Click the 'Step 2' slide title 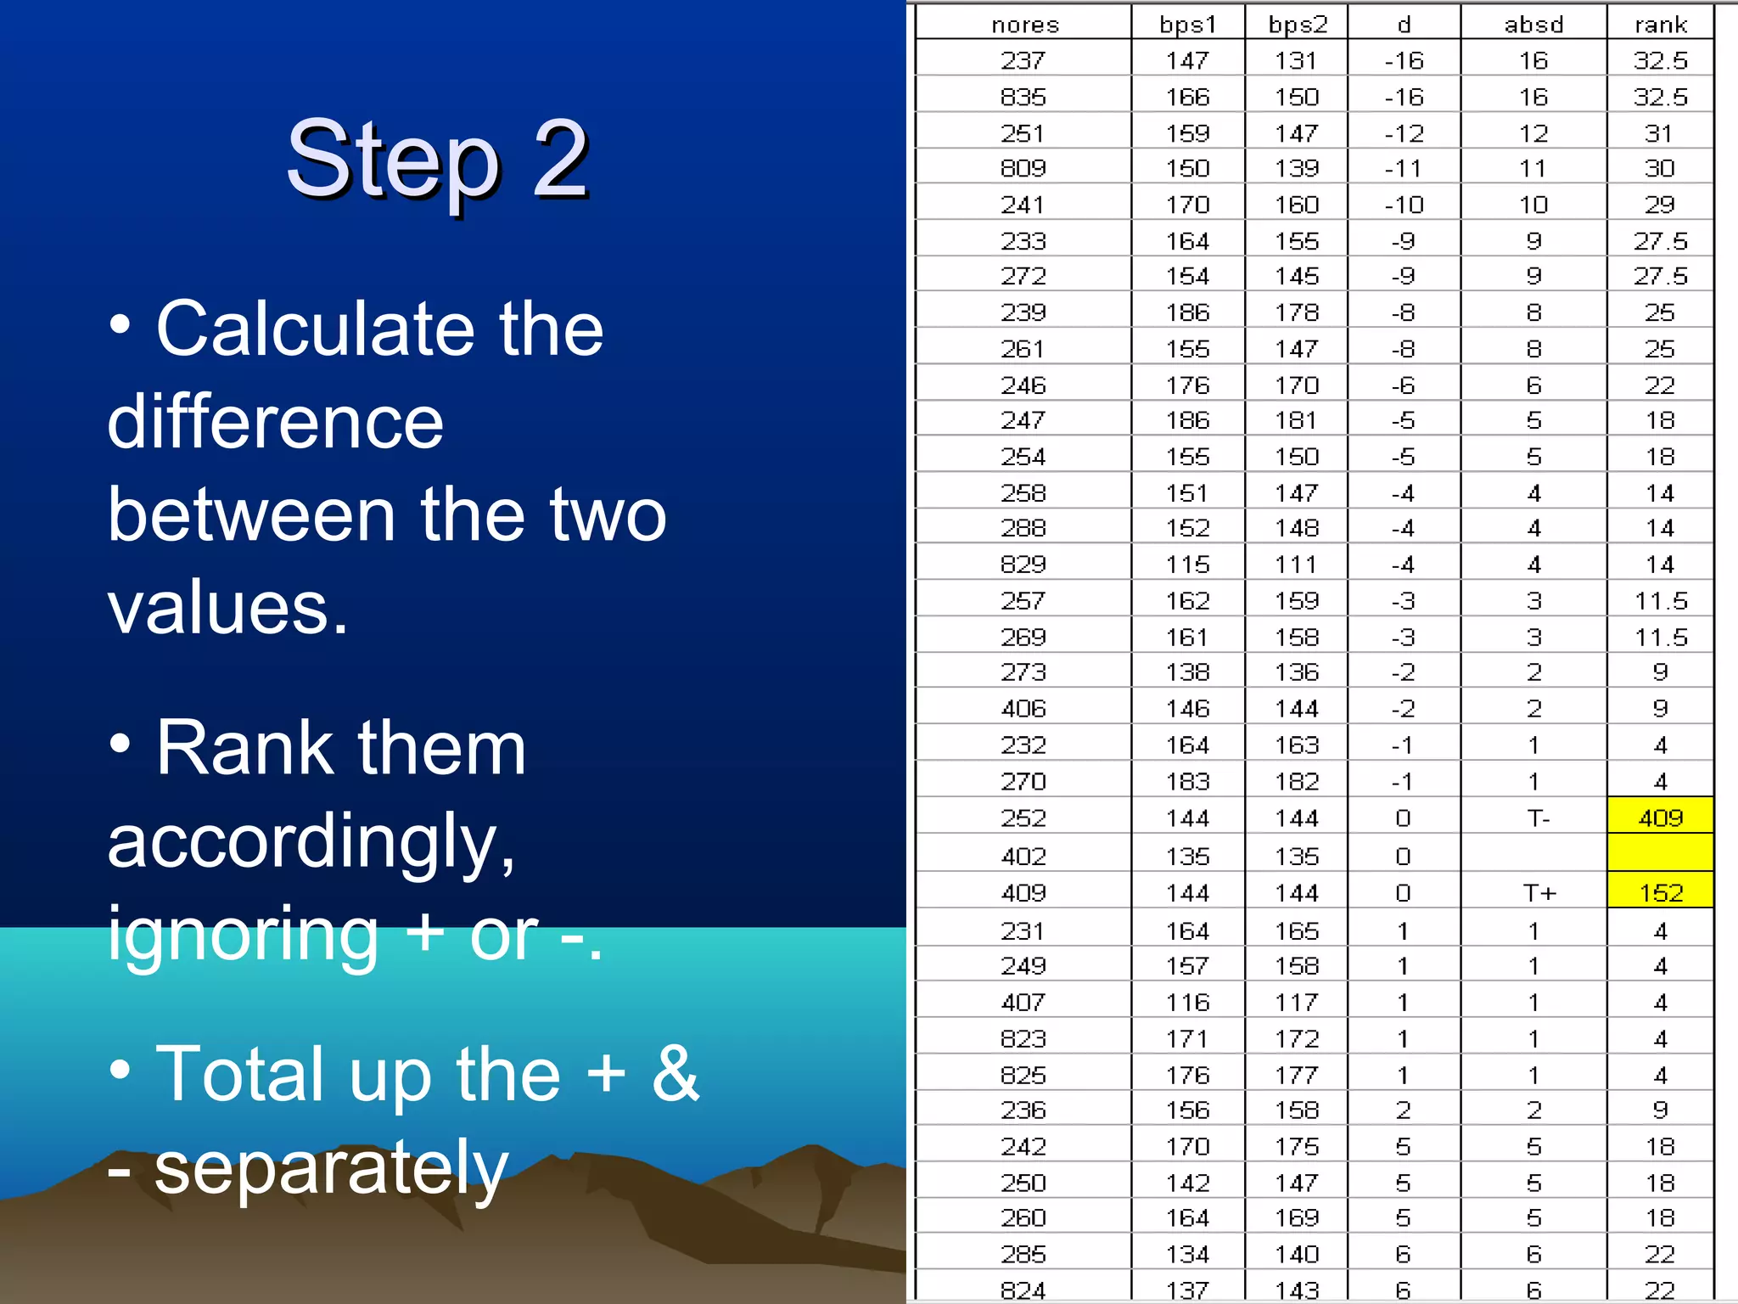437,159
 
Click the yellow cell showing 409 1660,818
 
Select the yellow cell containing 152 1660,892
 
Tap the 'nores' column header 1024,25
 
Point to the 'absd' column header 1533,25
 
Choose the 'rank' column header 1660,25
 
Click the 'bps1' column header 1187,25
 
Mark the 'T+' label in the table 1538,892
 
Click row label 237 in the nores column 1023,60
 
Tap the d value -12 1404,133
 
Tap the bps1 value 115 1187,565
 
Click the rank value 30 1659,168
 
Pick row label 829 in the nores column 1023,565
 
